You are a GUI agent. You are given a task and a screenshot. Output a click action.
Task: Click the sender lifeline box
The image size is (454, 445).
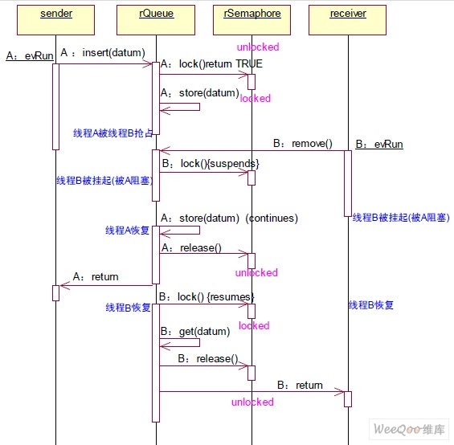tap(56, 20)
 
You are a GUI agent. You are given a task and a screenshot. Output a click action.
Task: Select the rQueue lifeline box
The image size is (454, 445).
tap(156, 20)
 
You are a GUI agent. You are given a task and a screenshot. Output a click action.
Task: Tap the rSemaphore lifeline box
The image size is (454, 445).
tap(252, 20)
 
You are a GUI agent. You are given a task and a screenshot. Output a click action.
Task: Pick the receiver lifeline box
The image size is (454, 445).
tap(347, 20)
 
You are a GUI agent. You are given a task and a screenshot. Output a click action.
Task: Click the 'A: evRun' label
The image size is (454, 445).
tap(30, 55)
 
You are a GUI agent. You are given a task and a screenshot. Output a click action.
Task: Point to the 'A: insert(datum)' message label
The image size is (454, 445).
tap(103, 53)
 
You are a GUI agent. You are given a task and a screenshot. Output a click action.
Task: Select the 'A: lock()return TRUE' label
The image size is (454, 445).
tap(211, 63)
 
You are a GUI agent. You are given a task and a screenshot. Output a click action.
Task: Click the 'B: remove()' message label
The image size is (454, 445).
tap(303, 143)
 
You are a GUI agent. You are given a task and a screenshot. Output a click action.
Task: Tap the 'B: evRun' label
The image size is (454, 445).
tap(379, 144)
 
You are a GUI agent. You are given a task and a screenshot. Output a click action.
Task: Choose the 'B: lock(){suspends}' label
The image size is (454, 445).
tap(211, 164)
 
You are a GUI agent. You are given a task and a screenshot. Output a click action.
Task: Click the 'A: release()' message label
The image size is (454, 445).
tap(191, 248)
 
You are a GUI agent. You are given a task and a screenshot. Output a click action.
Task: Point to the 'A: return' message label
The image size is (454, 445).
tap(96, 277)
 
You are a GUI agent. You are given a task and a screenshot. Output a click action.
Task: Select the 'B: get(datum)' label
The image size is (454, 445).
tap(195, 331)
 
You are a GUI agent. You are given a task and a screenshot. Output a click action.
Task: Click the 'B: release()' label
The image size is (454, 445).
tap(208, 359)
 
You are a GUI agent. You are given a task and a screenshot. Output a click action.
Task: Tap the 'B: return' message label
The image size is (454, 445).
tap(300, 385)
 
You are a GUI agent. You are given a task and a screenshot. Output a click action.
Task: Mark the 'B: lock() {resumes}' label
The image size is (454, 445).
tap(207, 296)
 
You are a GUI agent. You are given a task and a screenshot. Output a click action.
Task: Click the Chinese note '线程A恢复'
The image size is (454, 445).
tap(128, 231)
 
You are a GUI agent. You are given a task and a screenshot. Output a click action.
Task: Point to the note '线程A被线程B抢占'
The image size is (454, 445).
tap(113, 133)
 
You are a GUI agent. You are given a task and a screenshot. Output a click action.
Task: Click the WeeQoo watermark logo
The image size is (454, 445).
tap(409, 429)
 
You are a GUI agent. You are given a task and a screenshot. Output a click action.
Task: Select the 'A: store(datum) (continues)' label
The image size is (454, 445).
tap(229, 218)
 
